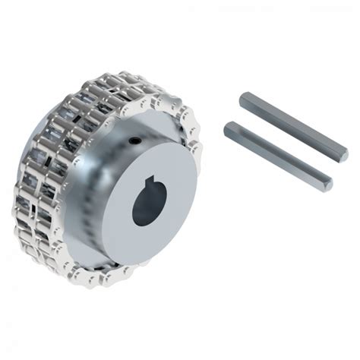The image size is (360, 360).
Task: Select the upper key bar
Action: tap(292, 126)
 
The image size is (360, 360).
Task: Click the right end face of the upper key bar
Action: tap(343, 155)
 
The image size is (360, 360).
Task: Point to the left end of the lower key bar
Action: tap(228, 131)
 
